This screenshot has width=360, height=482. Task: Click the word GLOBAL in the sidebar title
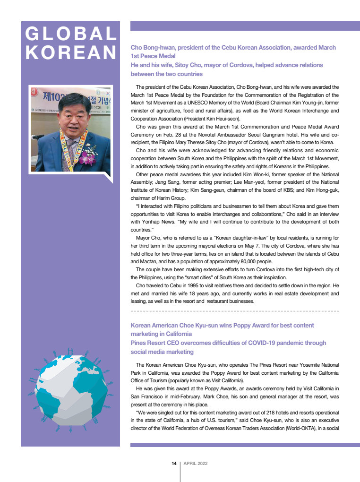tap(71, 34)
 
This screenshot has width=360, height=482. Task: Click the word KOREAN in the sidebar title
tap(71, 52)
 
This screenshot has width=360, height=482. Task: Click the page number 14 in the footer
tap(174, 464)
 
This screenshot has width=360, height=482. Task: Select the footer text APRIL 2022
tap(196, 464)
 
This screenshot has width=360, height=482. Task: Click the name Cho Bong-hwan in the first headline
tap(151, 48)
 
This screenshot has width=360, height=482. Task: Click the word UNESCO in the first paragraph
tap(194, 102)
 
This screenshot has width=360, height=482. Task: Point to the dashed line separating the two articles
tap(235, 311)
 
